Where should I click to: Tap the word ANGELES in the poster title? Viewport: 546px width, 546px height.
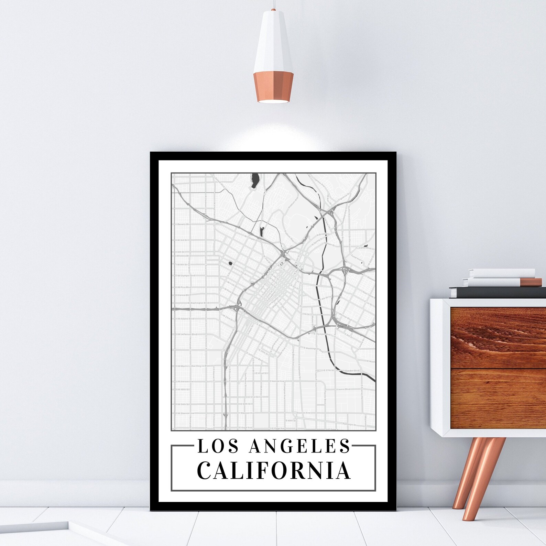tap(299, 446)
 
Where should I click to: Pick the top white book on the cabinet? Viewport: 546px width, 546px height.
tap(502, 273)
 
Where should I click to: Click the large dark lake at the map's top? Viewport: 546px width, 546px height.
tap(255, 180)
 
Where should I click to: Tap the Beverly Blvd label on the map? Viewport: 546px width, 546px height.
tap(182, 224)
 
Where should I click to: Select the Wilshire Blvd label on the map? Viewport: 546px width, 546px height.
tap(181, 256)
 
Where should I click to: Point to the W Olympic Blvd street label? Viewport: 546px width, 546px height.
tap(186, 275)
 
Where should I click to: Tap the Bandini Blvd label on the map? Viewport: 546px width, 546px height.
tap(352, 371)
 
